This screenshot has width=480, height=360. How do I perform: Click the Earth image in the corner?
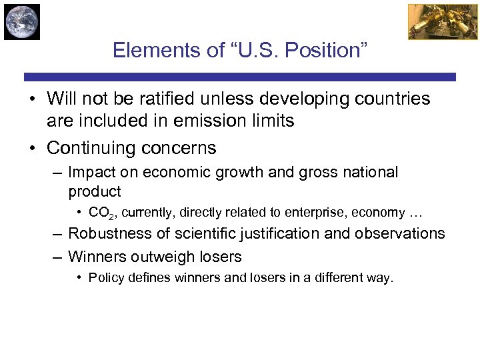tap(22, 22)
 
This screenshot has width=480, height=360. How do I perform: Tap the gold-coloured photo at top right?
tap(433, 22)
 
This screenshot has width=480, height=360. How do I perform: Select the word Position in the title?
tap(327, 51)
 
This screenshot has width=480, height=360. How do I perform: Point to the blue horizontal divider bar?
tap(240, 77)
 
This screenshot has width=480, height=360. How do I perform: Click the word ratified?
tap(191, 99)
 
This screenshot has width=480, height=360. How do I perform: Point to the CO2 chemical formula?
tap(100, 213)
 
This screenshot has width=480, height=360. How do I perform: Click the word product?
tap(94, 192)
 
